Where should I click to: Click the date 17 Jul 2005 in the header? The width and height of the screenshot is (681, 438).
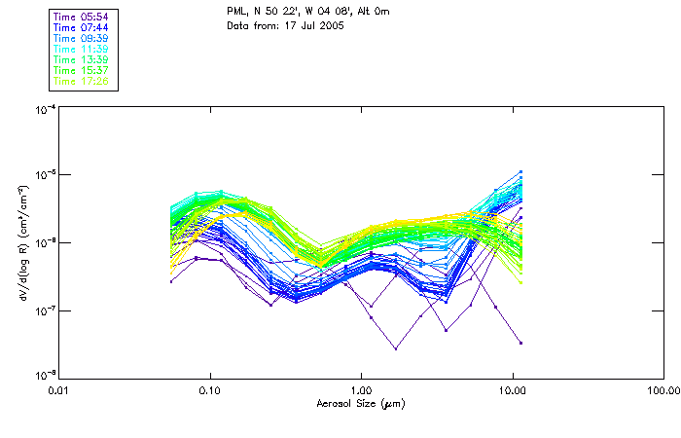pos(308,24)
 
